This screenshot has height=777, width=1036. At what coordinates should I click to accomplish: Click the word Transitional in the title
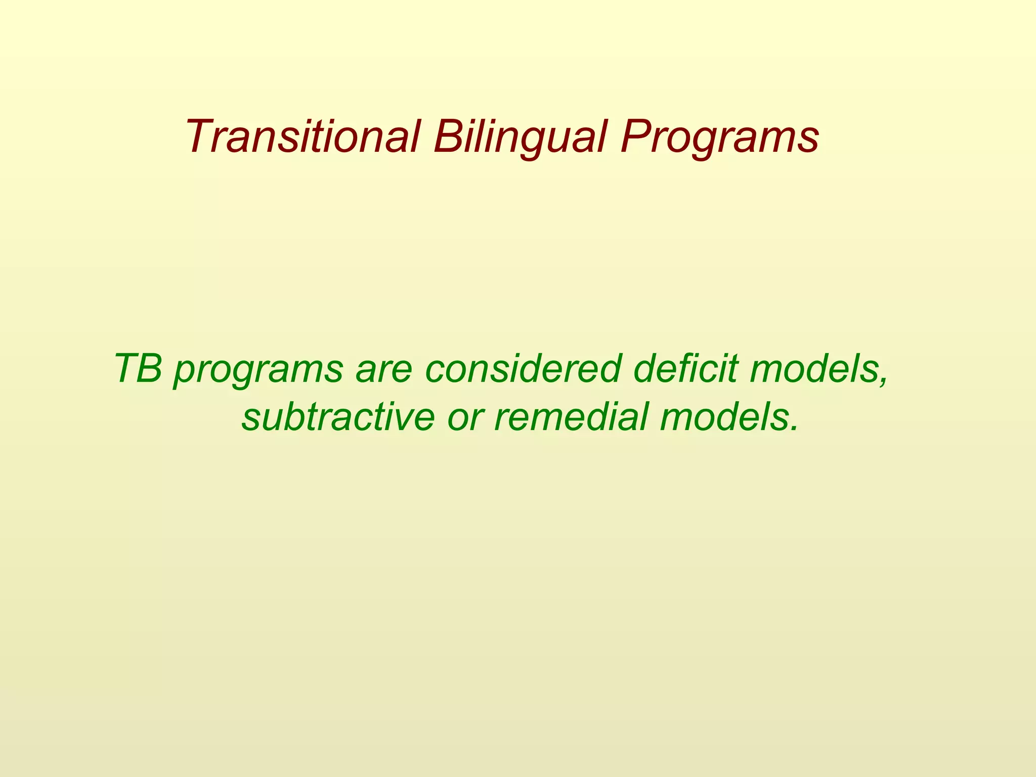click(x=303, y=137)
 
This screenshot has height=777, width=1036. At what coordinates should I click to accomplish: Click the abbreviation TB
click(x=138, y=368)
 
